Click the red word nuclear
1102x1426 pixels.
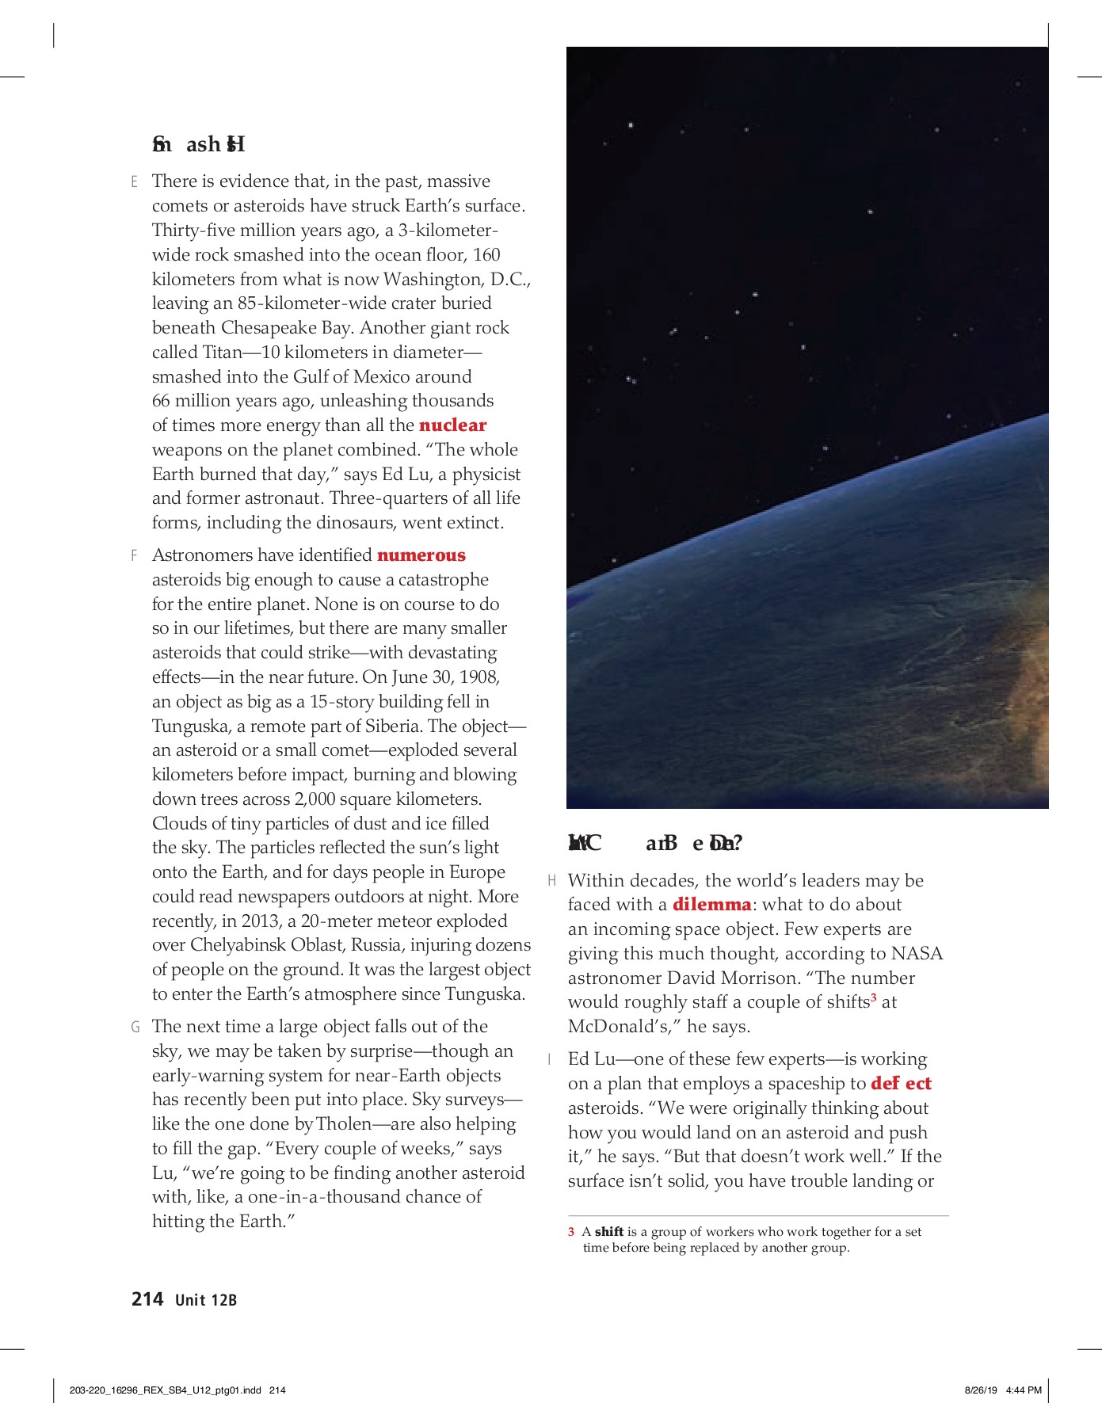click(452, 425)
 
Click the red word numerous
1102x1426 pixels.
click(421, 555)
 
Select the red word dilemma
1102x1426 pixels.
click(711, 905)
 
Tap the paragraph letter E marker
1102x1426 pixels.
click(135, 182)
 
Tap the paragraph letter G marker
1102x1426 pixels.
click(135, 1028)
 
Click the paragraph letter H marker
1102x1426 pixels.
click(552, 881)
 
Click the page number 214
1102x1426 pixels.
click(147, 1299)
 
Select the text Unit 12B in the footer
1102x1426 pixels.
click(206, 1300)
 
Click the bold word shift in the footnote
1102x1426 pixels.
click(608, 1232)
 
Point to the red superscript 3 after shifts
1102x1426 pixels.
click(873, 998)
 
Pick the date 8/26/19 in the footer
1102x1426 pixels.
click(982, 1390)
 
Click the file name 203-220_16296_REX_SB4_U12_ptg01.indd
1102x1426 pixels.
click(166, 1390)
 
